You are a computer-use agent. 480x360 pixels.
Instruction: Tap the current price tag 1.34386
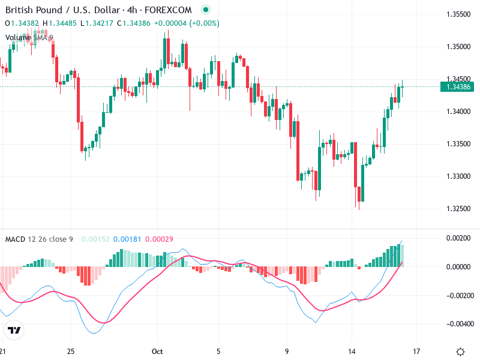click(458, 87)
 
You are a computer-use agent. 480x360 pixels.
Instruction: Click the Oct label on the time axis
click(157, 351)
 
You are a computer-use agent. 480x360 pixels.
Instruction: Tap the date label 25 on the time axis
click(71, 351)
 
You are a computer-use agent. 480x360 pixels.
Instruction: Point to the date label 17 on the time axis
click(417, 351)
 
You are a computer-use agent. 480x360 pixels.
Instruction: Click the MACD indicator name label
click(15, 239)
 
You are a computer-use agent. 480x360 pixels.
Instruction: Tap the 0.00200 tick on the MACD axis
click(458, 238)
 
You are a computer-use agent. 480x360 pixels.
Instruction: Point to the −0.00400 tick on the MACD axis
click(457, 324)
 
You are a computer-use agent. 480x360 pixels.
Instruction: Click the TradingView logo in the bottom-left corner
click(14, 331)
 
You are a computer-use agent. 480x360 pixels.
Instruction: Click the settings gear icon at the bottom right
click(460, 352)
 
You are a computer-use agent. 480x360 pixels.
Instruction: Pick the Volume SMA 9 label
click(29, 38)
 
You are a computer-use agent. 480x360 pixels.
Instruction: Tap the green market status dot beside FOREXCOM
click(206, 10)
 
